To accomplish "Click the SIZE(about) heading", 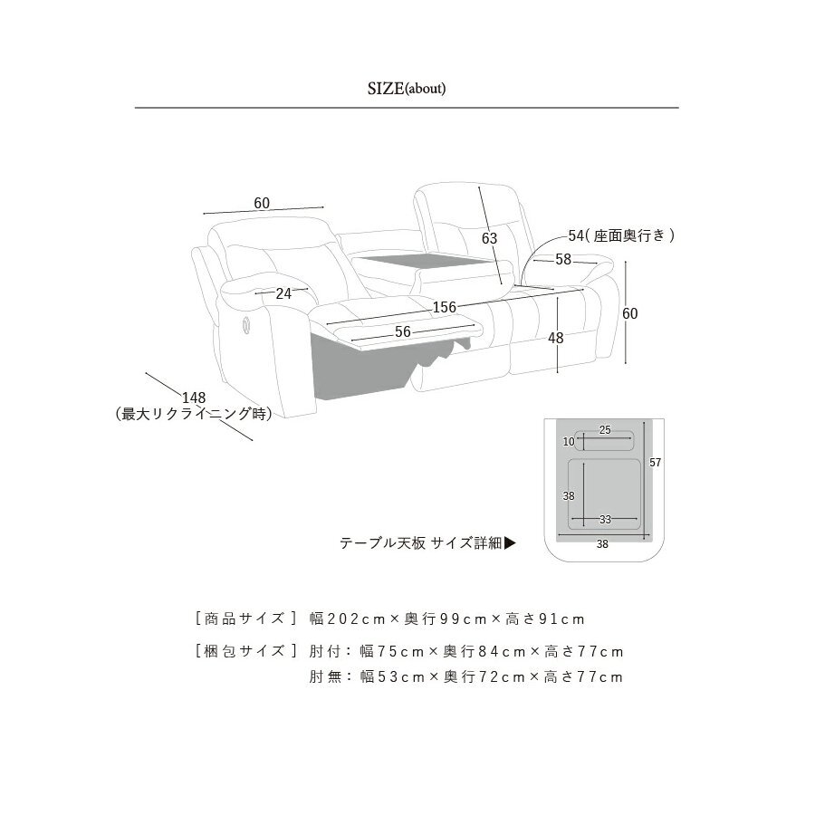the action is point(407,89).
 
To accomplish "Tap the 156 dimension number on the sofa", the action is point(445,307).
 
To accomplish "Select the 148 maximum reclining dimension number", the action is point(194,398).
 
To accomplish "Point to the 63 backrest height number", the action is point(490,238).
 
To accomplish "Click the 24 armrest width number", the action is point(283,293).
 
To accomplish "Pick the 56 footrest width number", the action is point(403,331).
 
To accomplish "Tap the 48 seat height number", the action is point(556,338).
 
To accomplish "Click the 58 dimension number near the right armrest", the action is point(563,259).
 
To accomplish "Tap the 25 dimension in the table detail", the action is point(605,430).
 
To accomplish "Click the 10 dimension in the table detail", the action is point(569,441).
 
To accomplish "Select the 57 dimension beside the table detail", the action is point(656,462).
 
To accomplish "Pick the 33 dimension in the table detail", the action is point(605,519).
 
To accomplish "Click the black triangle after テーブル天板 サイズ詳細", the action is point(511,543).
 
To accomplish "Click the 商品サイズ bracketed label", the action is point(245,618).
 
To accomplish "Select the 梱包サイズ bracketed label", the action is point(245,651).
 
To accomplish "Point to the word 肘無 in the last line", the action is point(325,676).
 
